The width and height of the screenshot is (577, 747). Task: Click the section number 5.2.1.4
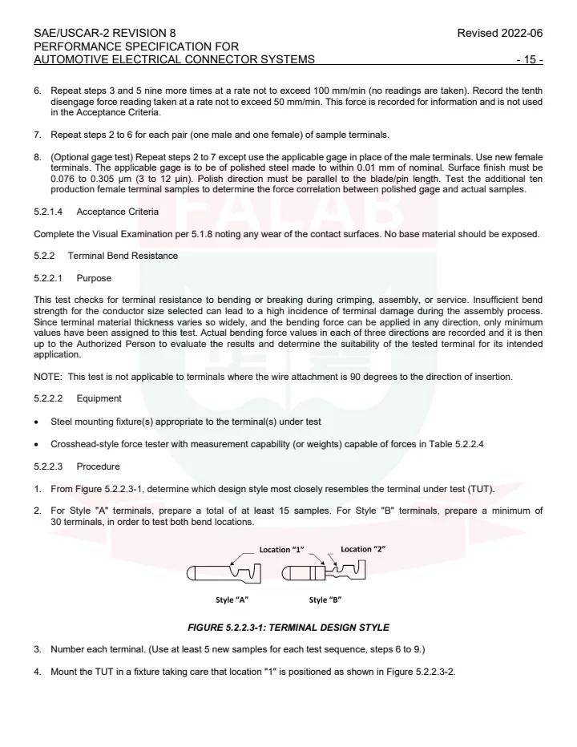[x=53, y=212]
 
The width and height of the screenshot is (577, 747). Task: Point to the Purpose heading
[x=94, y=278]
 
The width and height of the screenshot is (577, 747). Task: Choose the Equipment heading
[x=99, y=398]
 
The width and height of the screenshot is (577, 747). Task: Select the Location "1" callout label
[x=281, y=550]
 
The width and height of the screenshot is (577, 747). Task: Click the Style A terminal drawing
[x=224, y=574]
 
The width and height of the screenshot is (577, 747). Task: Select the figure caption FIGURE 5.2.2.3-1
[x=288, y=627]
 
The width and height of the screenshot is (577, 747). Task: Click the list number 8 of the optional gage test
[x=37, y=157]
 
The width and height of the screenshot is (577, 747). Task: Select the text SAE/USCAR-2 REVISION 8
[x=105, y=34]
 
